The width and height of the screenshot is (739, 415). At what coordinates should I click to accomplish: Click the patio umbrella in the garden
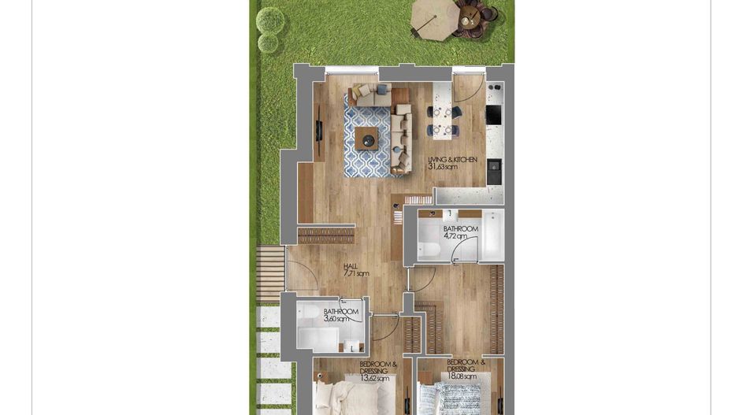coord(434,17)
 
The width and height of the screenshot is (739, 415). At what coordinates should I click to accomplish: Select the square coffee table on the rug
coord(366,139)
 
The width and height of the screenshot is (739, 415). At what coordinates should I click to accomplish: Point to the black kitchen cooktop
coord(494,115)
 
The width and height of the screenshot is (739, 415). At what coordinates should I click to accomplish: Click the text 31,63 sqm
coord(443,167)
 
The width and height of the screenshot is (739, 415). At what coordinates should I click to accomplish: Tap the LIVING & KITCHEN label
coord(452,159)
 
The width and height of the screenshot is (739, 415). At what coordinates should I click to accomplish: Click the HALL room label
coord(351,266)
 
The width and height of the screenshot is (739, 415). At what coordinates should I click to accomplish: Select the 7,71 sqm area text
coord(356,274)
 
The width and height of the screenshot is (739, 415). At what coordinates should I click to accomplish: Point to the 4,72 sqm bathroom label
coord(455,236)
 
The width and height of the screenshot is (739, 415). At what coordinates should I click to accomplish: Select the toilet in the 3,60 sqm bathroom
coord(309,313)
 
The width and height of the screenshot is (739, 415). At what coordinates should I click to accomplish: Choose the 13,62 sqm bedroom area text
coord(375,379)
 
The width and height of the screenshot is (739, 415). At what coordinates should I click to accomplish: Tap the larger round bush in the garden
coord(270,19)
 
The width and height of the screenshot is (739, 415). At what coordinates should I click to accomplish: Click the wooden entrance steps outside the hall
coord(270,272)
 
